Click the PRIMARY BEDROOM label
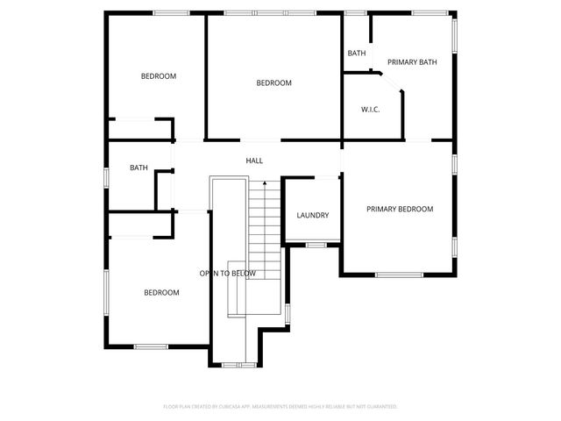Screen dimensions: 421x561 coord(399,209)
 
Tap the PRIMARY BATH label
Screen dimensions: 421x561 coord(412,62)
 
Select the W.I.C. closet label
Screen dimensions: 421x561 coord(369,110)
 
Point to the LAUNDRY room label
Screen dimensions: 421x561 coord(312,215)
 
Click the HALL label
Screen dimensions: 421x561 coord(254,161)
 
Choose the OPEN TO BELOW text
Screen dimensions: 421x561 coord(228,274)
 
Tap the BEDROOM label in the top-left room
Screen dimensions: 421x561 coord(159,76)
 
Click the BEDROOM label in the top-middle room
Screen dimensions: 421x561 coord(273,83)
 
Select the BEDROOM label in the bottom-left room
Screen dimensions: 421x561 coord(161,292)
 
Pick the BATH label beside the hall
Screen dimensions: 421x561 coord(138,168)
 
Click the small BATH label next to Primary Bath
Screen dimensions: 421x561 coord(357,54)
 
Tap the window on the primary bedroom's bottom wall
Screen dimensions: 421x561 coord(399,275)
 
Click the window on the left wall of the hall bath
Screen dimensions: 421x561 coord(106,176)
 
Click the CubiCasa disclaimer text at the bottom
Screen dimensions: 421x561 coord(280,407)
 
